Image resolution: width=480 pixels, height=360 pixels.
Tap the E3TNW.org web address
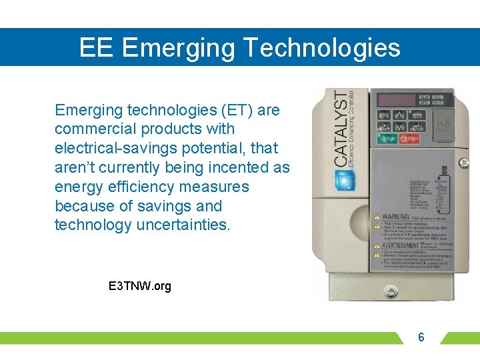[x=139, y=286]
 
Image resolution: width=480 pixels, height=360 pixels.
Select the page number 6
[x=421, y=337]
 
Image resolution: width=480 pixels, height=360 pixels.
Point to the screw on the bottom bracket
[x=391, y=293]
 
